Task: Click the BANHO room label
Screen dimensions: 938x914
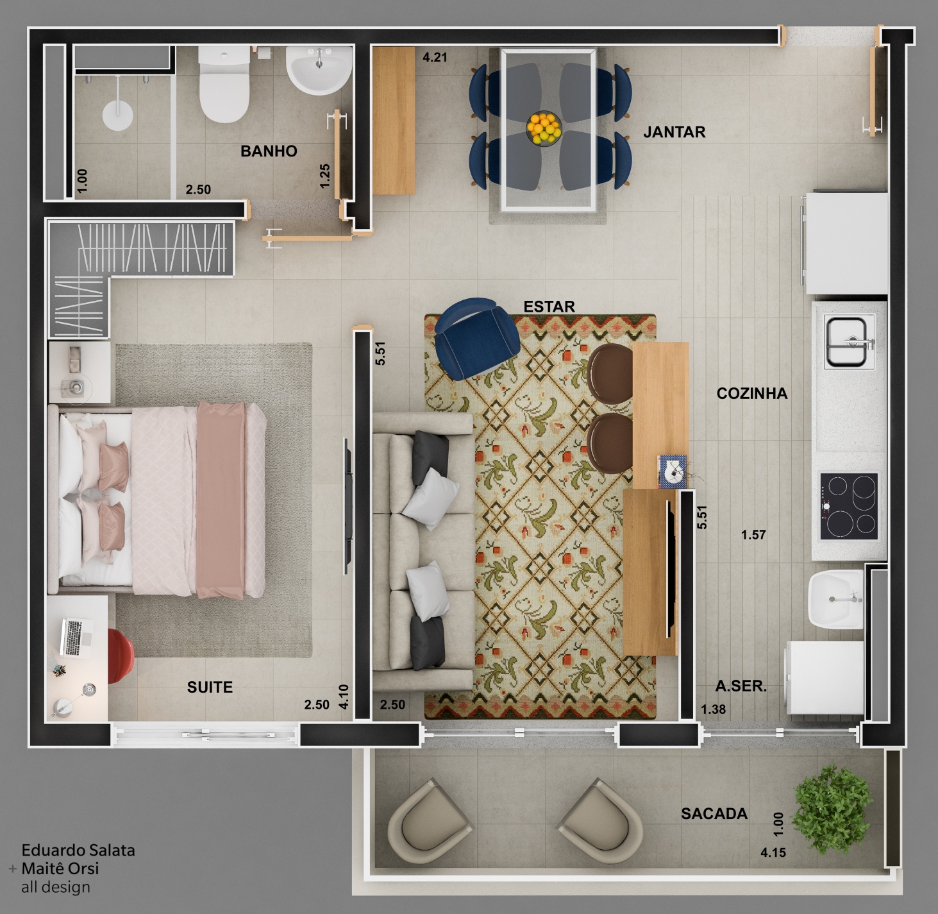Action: [x=269, y=151]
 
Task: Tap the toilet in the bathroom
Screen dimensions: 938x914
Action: [x=224, y=85]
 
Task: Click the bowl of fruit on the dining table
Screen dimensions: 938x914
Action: [x=544, y=128]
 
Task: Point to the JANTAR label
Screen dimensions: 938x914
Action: [x=674, y=132]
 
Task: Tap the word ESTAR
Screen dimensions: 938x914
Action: [x=549, y=307]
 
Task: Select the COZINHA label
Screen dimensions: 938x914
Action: [x=752, y=394]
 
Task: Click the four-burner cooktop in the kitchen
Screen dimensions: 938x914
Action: [x=849, y=506]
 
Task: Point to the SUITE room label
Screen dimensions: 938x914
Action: [x=210, y=688]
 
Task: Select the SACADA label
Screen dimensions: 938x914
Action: [x=714, y=814]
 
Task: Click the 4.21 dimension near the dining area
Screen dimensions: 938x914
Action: [x=435, y=57]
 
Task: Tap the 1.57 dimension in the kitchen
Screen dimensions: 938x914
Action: [x=753, y=535]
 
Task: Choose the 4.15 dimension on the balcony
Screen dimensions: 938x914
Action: [x=773, y=852]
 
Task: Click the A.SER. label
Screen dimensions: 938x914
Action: [x=741, y=686]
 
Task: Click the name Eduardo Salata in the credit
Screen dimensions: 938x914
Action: [x=78, y=850]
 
